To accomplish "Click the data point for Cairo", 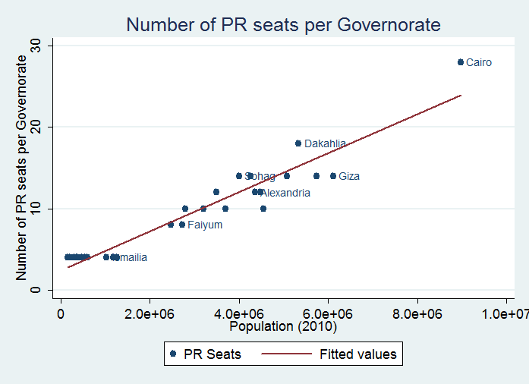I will (x=461, y=62).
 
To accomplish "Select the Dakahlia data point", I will (x=298, y=143).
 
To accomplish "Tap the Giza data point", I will (x=333, y=176).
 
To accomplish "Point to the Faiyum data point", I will (x=182, y=225).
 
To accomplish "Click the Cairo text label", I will (x=479, y=63).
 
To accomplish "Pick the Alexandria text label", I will (x=285, y=193).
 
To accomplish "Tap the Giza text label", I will (x=349, y=177).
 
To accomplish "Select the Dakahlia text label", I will (x=325, y=143).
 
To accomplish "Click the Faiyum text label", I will (x=205, y=225).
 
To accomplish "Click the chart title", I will (x=283, y=25).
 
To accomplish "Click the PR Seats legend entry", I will (x=206, y=354).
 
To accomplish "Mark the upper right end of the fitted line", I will (x=461, y=96).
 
